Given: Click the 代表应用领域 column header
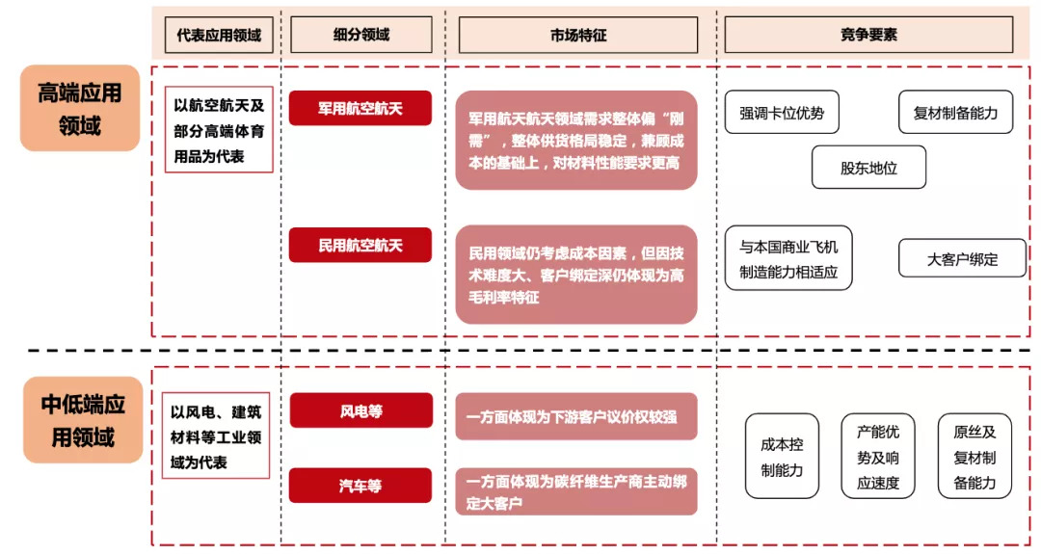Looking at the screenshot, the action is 219,35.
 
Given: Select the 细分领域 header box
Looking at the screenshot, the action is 361,35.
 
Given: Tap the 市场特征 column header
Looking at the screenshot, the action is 578,35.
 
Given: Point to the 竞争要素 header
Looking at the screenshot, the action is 868,35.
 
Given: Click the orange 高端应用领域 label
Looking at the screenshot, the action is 80,108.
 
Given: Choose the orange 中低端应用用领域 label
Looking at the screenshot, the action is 83,420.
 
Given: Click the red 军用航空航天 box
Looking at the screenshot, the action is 360,108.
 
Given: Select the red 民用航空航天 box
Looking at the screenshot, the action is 360,245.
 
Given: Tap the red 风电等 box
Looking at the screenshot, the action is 361,410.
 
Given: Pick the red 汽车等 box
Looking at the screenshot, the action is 360,486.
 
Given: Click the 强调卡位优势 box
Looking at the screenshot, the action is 782,113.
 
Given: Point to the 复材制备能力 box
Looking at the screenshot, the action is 955,113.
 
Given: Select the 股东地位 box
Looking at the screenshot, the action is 868,168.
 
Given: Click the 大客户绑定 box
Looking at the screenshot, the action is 962,258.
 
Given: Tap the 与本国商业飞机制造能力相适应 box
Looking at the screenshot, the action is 788,258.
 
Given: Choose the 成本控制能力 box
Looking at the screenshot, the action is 782,457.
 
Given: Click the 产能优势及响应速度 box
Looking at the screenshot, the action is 878,457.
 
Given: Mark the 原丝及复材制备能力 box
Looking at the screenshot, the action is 974,457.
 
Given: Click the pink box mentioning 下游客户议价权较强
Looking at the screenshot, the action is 576,416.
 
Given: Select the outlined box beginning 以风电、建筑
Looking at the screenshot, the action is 216,435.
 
